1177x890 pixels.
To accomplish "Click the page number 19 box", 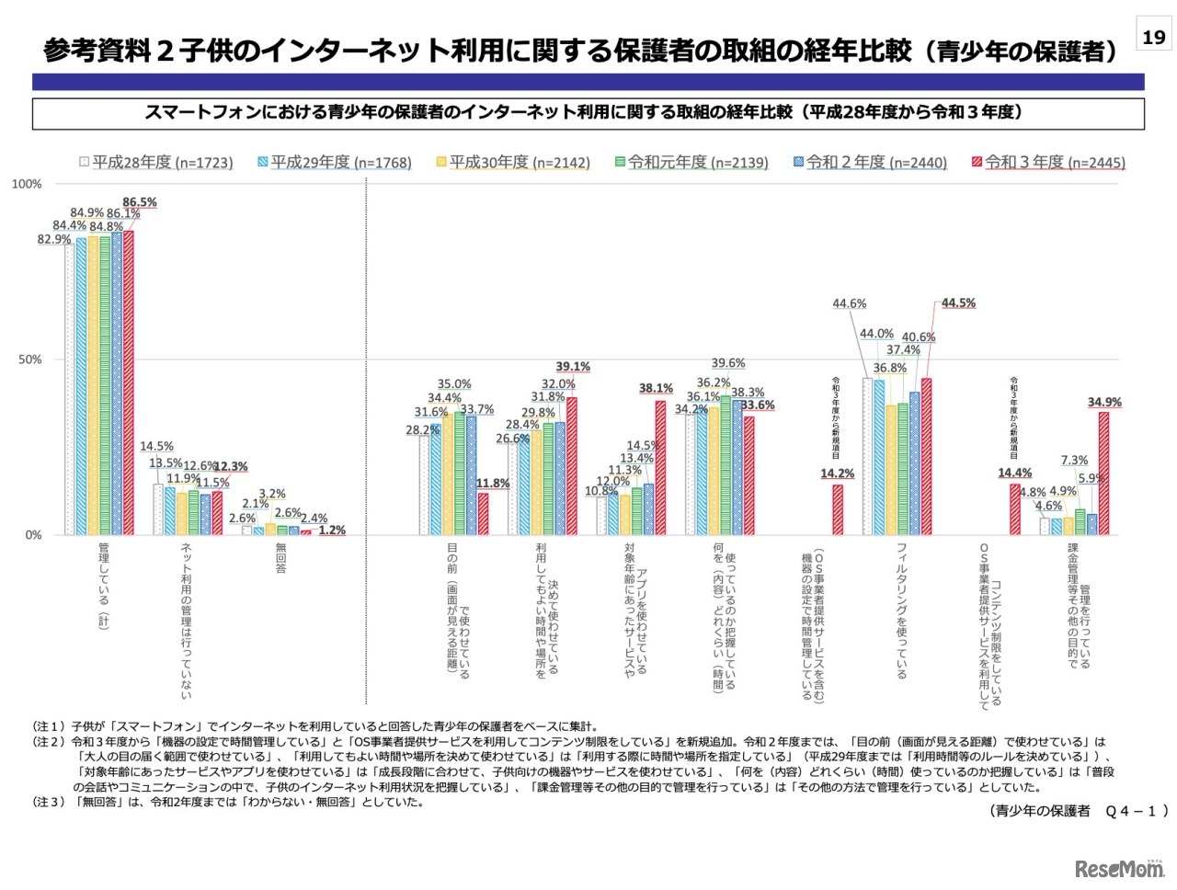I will click(x=1153, y=37).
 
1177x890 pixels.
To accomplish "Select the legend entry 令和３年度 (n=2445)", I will click(x=1048, y=163).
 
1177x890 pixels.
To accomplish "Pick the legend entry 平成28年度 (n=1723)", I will click(x=155, y=163).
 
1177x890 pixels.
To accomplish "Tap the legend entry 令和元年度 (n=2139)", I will click(x=691, y=163).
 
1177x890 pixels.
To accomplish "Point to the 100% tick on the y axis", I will click(x=27, y=184).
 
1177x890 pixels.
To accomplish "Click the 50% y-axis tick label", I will click(x=30, y=359).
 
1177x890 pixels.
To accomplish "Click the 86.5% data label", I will click(x=140, y=202).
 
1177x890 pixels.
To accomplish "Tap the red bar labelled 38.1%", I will click(x=660, y=467).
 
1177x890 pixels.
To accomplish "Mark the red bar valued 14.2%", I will click(x=838, y=509).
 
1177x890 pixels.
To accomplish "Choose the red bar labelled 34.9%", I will click(x=1103, y=473).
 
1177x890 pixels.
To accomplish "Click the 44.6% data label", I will click(x=850, y=303).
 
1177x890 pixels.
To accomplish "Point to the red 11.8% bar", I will click(x=483, y=514).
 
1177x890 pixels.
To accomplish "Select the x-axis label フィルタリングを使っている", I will click(x=901, y=610).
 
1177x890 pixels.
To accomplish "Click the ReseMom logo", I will click(x=1118, y=867).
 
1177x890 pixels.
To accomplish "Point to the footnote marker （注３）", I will click(x=49, y=802).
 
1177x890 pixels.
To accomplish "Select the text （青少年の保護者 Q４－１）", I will click(x=1078, y=810).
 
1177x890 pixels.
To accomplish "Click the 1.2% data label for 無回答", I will click(x=332, y=531).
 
